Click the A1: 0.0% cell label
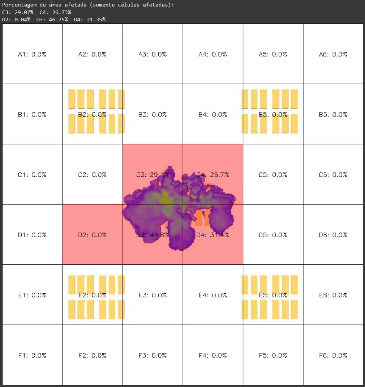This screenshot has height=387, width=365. pos(32,55)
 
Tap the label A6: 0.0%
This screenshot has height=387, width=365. pos(333,55)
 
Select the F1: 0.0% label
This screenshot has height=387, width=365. pos(32,356)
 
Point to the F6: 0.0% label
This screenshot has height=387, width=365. pos(333,356)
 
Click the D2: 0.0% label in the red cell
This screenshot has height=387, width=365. pos(92,235)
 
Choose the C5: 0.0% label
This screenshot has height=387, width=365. pos(273,175)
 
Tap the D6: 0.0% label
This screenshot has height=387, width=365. pos(333,235)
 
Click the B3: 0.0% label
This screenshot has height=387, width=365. pos(153,115)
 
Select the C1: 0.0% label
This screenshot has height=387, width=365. pos(32,175)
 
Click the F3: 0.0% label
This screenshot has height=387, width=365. pos(153,356)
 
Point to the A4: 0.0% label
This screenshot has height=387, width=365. pos(212,55)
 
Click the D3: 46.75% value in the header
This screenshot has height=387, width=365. pos(52,20)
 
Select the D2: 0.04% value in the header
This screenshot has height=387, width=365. pos(16,20)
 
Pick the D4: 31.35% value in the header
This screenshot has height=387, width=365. pos(90,20)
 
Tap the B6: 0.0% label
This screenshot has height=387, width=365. pos(333,115)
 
